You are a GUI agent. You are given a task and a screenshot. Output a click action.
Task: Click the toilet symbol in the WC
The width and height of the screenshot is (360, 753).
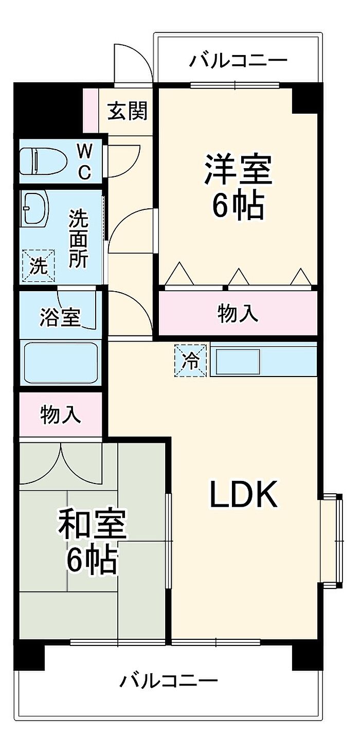pos(43,162)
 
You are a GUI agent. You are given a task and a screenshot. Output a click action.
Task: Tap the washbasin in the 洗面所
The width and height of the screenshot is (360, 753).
pos(34,209)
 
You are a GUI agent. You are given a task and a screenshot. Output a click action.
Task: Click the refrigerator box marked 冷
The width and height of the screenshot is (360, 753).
pos(190,361)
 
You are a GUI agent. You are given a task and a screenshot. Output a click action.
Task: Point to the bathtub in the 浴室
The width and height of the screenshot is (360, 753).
pos(60,363)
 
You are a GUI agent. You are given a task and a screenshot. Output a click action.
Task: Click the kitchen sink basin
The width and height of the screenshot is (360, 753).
pos(238,362)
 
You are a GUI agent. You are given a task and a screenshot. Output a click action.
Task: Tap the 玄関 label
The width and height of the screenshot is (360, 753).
pos(128,111)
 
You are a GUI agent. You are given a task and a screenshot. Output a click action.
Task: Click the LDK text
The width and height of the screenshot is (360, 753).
pos(244,493)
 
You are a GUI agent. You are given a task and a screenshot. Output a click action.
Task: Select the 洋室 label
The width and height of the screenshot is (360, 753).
pos(238,169)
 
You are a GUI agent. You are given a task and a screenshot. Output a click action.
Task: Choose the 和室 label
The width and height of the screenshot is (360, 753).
pos(92,524)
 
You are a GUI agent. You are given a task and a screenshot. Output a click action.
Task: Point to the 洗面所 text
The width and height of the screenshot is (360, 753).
pos(79,239)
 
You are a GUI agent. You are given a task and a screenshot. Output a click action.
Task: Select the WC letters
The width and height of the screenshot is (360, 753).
pos(84,163)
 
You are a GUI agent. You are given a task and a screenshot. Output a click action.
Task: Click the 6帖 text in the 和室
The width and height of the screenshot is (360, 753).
pos(92,560)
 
